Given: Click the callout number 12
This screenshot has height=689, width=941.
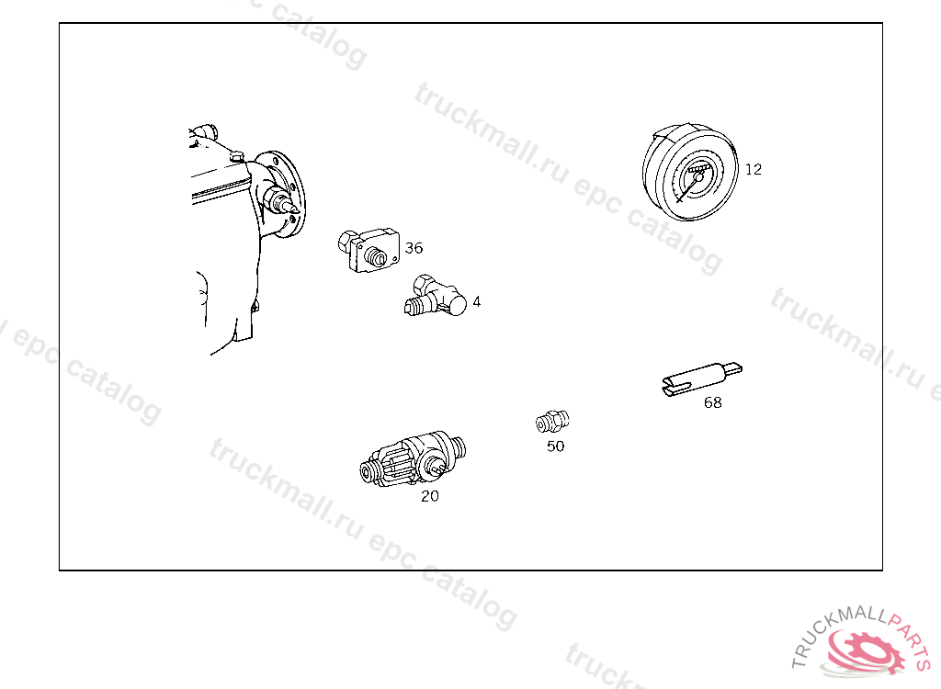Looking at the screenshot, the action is coord(754,170).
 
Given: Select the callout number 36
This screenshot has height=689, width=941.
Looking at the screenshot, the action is coord(414,248).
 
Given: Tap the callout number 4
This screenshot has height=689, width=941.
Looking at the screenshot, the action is coord(477,301).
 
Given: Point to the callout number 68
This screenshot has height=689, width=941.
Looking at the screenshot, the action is coord(712,402).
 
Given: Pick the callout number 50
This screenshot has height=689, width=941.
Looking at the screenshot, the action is coord(555,446).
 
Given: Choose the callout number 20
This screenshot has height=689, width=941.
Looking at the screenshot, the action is coord(430,496).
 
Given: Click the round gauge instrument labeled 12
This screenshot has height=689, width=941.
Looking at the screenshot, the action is coord(690,173).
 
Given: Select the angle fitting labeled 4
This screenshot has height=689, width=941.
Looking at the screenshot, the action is coord(436,296).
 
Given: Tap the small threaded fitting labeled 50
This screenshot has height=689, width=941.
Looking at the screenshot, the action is coord(552,422).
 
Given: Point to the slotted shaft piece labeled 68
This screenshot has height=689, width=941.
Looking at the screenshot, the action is coord(702,378).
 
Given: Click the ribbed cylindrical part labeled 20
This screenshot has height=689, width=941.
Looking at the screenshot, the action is coord(413,459).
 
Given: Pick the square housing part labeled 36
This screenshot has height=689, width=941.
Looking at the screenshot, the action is coord(369,250).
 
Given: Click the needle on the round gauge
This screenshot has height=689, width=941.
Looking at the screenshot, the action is coord(689,188).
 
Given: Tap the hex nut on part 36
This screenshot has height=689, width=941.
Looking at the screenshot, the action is coord(346,242).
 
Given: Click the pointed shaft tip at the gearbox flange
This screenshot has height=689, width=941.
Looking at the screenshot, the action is coord(293,209).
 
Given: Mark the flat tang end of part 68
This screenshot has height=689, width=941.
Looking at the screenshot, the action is coord(733,367).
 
